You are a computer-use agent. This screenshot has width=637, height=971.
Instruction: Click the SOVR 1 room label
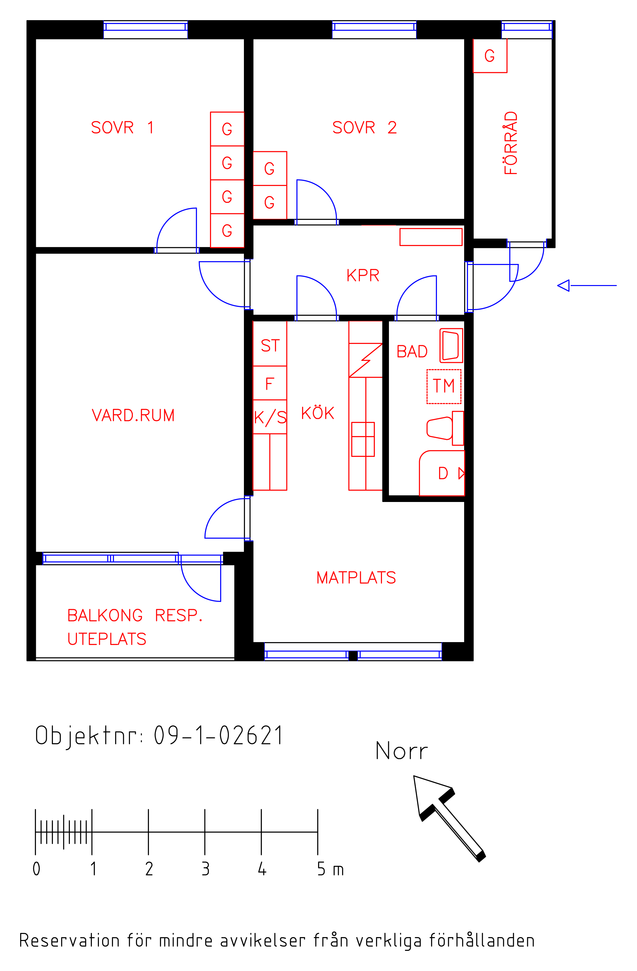[x=122, y=128]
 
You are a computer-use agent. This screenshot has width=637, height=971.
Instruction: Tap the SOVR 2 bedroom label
[x=364, y=128]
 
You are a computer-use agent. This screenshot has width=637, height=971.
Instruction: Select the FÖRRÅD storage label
[x=511, y=143]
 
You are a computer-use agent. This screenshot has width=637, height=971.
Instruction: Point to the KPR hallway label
[x=363, y=275]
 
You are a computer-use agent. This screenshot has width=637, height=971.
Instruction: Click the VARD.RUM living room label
[x=133, y=415]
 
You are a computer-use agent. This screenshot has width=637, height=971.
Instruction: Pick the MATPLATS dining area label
[x=356, y=577]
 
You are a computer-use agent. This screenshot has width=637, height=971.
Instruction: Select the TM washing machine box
[x=444, y=386]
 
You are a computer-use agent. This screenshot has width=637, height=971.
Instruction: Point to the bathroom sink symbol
[x=451, y=346]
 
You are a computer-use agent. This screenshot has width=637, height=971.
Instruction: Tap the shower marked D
[x=442, y=473]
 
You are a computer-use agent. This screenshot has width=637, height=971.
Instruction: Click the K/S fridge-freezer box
[x=270, y=417]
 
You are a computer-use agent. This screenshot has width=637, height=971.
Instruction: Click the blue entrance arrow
[x=587, y=286]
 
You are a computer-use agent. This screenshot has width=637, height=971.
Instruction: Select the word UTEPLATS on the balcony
[x=107, y=639]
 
